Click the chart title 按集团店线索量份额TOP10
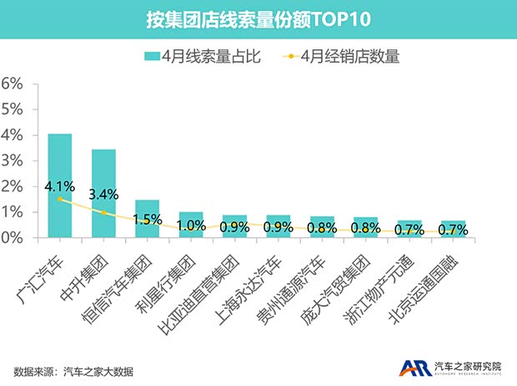coord(258,18)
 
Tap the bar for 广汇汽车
coord(59,185)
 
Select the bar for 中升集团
coord(103,194)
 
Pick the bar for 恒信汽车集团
coord(147,219)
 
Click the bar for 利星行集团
coord(191,226)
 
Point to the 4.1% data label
coord(60,186)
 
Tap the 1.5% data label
coord(148,219)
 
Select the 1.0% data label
coord(191,226)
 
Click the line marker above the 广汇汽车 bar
coord(59,199)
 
